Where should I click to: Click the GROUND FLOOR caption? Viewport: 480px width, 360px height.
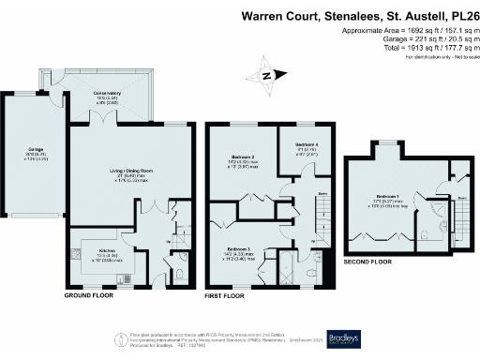pos(90,294)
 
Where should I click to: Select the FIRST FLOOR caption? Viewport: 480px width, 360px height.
pos(226,294)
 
